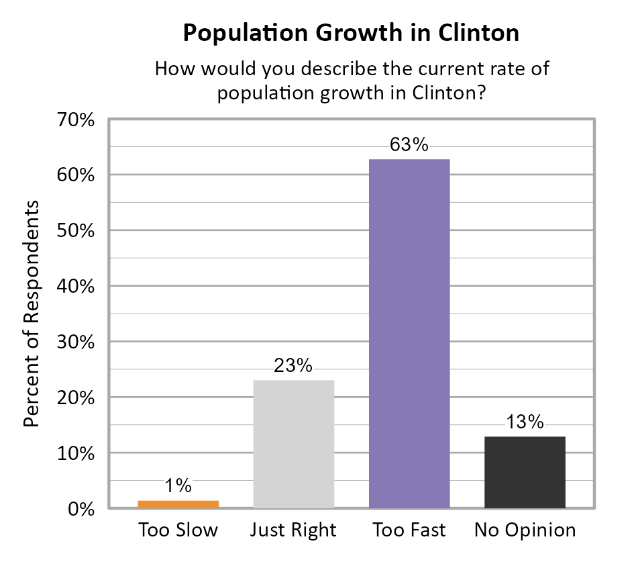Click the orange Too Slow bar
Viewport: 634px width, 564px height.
pyautogui.click(x=178, y=504)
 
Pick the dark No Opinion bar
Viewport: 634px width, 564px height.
pyautogui.click(x=525, y=473)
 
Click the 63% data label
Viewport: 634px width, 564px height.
pyautogui.click(x=409, y=145)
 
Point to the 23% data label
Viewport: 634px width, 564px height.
pyautogui.click(x=293, y=366)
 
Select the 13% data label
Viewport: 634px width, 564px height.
pyautogui.click(x=525, y=422)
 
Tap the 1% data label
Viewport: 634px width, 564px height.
pyautogui.click(x=178, y=485)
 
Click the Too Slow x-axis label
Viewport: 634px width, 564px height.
pyautogui.click(x=178, y=530)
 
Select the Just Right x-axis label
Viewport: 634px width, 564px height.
pyautogui.click(x=293, y=530)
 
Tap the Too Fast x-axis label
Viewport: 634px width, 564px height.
pyautogui.click(x=409, y=530)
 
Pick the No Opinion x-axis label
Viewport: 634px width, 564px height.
pyautogui.click(x=525, y=530)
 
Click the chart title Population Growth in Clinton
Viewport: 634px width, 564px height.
pyautogui.click(x=351, y=33)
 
